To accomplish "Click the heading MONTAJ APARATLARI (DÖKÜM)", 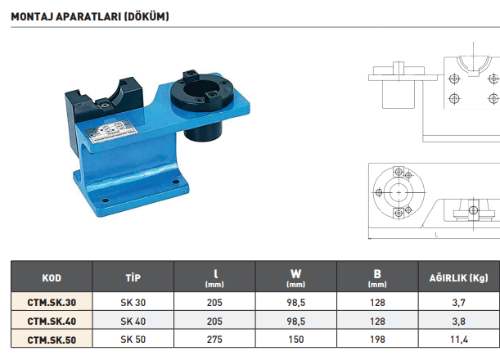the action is [89, 16].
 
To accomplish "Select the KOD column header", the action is [52, 277].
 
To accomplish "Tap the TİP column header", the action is [133, 277].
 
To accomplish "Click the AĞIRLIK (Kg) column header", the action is [458, 277].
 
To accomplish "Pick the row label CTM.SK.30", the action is [52, 302].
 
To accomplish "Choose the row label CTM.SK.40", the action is [52, 321].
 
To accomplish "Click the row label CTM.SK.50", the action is [52, 340].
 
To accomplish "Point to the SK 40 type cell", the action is [133, 321].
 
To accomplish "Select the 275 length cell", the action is [214, 340].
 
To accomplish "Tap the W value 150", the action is [296, 340].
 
